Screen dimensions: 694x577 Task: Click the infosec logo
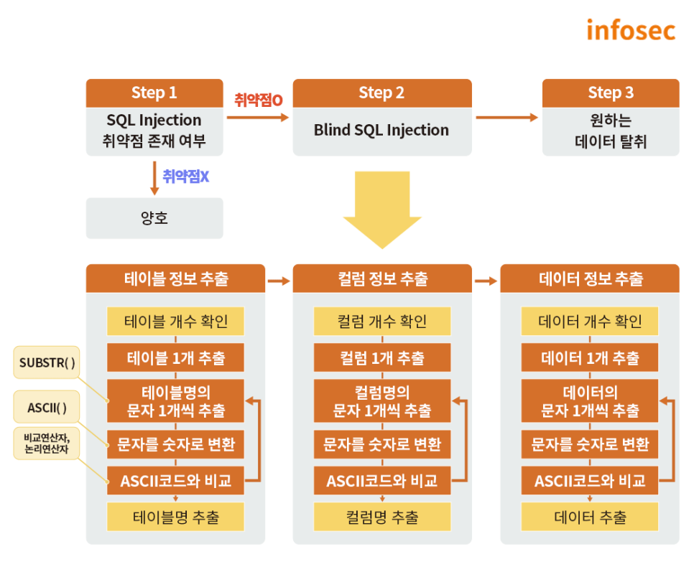tap(631, 30)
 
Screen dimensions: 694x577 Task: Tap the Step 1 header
tap(154, 93)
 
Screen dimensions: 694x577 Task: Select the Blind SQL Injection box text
tap(381, 130)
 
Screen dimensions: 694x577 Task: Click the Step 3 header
tap(611, 93)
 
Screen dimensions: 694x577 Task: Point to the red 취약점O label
tap(259, 100)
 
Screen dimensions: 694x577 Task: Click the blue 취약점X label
tap(186, 177)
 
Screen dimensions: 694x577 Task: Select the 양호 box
tap(154, 218)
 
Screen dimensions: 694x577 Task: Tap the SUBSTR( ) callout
tap(47, 362)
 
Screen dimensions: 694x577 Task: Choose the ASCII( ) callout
tap(47, 407)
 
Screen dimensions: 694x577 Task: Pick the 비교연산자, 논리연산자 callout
tap(47, 443)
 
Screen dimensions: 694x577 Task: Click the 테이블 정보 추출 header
tap(176, 278)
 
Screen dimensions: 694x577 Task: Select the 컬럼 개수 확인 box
tap(382, 322)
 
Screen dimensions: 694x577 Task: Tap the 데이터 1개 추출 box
tap(590, 357)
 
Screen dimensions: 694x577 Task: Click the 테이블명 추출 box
tap(176, 517)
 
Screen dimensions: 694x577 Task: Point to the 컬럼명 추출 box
tap(382, 517)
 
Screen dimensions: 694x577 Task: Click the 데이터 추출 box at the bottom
tap(590, 517)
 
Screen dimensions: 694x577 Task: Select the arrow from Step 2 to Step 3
tap(506, 118)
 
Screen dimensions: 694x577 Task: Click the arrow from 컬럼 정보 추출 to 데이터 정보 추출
tap(486, 281)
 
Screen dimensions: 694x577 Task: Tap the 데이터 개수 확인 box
tap(590, 322)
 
